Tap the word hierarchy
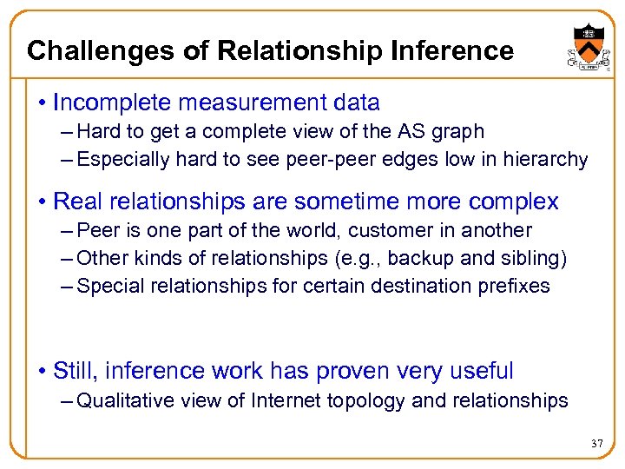pos(545,160)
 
